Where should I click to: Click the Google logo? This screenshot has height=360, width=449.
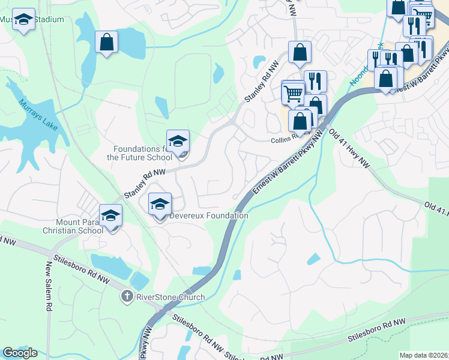(x=20, y=353)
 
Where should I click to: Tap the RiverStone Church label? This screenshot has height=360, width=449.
(x=170, y=297)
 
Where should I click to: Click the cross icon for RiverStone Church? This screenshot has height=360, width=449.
(x=127, y=296)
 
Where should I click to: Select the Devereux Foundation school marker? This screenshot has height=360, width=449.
(x=160, y=205)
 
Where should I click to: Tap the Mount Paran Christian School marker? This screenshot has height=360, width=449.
(x=110, y=217)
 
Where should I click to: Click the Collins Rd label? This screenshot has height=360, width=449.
(x=285, y=139)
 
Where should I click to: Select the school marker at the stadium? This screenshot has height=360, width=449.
(x=24, y=21)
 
